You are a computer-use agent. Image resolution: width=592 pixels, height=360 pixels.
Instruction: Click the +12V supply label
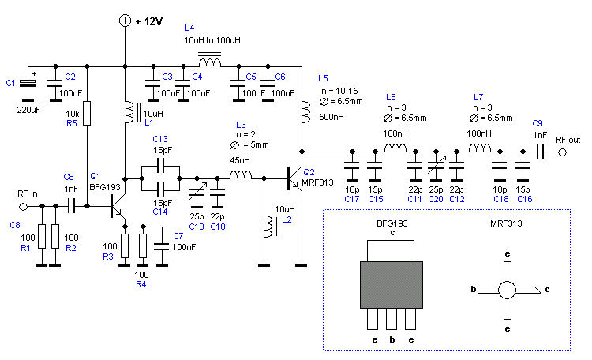(148, 21)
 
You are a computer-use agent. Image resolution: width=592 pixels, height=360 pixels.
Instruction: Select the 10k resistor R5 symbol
(88, 113)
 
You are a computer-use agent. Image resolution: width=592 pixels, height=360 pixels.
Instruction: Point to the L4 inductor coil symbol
(209, 62)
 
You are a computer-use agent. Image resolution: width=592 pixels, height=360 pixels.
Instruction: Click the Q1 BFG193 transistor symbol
(115, 208)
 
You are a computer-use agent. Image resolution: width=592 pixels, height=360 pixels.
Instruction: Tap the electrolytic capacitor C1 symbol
(30, 83)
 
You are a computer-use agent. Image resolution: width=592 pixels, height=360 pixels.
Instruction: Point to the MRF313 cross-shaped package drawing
(508, 290)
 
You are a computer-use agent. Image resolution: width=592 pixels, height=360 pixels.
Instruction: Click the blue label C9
(537, 123)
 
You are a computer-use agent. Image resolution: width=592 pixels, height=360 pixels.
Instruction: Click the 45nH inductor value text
(241, 161)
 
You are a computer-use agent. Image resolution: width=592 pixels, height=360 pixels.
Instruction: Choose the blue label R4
(141, 285)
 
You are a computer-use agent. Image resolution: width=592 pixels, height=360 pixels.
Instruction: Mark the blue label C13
(160, 138)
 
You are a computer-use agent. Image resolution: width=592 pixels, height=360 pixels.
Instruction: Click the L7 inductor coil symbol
(479, 148)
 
